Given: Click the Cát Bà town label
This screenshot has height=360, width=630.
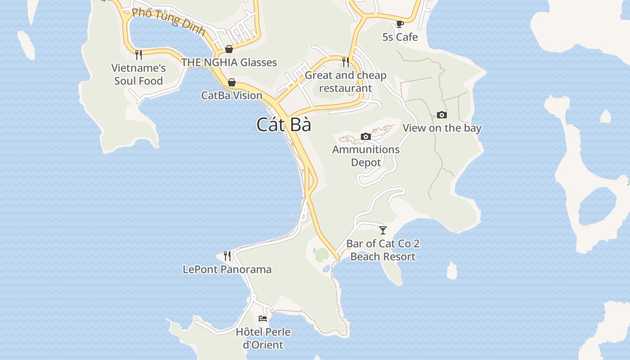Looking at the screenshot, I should (x=284, y=125).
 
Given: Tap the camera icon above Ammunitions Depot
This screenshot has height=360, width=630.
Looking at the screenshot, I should (x=366, y=136).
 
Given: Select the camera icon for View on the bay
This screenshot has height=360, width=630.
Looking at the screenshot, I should (x=442, y=115).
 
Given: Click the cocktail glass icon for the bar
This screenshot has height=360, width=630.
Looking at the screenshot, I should (x=383, y=230).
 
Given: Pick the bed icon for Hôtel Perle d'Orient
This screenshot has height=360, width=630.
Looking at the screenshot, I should (x=263, y=319).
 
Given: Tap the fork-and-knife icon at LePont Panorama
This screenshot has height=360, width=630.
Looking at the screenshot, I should (x=227, y=256).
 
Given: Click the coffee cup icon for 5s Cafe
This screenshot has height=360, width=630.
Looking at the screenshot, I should (x=400, y=24).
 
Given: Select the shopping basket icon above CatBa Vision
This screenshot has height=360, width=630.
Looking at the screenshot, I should (x=232, y=82).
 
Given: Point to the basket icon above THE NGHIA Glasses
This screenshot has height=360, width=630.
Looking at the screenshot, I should (x=229, y=49).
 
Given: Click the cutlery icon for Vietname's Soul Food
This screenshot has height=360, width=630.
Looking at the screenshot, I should (x=139, y=55).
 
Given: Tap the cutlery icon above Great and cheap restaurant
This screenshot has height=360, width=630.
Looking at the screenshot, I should (x=346, y=62).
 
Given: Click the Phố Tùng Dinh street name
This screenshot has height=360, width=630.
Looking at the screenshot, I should (x=169, y=22).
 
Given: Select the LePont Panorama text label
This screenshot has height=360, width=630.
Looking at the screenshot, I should (x=227, y=270).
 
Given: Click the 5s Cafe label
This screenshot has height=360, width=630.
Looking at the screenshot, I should (x=400, y=37).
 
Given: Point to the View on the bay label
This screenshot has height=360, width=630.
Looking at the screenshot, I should (x=442, y=128).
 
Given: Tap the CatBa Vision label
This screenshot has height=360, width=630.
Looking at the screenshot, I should (x=232, y=95).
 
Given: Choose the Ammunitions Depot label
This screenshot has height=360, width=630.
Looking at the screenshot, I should (x=366, y=156).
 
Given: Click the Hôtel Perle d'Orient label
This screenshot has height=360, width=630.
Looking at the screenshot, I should (x=263, y=338).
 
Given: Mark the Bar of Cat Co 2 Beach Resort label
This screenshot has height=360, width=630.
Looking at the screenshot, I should (x=383, y=250).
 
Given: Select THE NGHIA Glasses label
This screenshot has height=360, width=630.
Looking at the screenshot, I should (x=229, y=62).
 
